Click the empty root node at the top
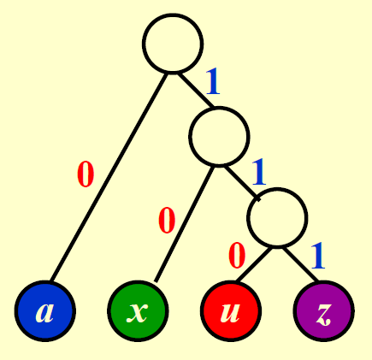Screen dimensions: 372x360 (173, 44)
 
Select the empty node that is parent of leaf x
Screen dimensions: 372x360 (219, 136)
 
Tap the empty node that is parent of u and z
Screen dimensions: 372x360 (277, 217)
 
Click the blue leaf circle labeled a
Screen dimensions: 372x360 (45, 311)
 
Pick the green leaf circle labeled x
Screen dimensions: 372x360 (138, 311)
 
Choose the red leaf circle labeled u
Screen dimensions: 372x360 (231, 311)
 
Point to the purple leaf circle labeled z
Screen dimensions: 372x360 (324, 311)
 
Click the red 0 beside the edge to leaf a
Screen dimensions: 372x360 (86, 174)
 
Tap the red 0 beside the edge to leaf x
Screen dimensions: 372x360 (167, 221)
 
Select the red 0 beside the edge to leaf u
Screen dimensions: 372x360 (237, 256)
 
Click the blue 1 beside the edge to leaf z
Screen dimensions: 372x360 (318, 256)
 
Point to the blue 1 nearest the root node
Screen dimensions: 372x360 (213, 81)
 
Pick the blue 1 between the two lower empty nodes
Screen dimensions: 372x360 (259, 172)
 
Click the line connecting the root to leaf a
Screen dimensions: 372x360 (109, 177)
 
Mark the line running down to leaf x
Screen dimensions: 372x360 (185, 224)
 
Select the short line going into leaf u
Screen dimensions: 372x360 (253, 264)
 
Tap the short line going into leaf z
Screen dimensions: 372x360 (301, 264)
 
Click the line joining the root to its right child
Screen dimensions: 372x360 (196, 91)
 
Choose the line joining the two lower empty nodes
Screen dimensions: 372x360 (242, 183)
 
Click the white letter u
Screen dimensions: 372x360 (230, 313)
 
